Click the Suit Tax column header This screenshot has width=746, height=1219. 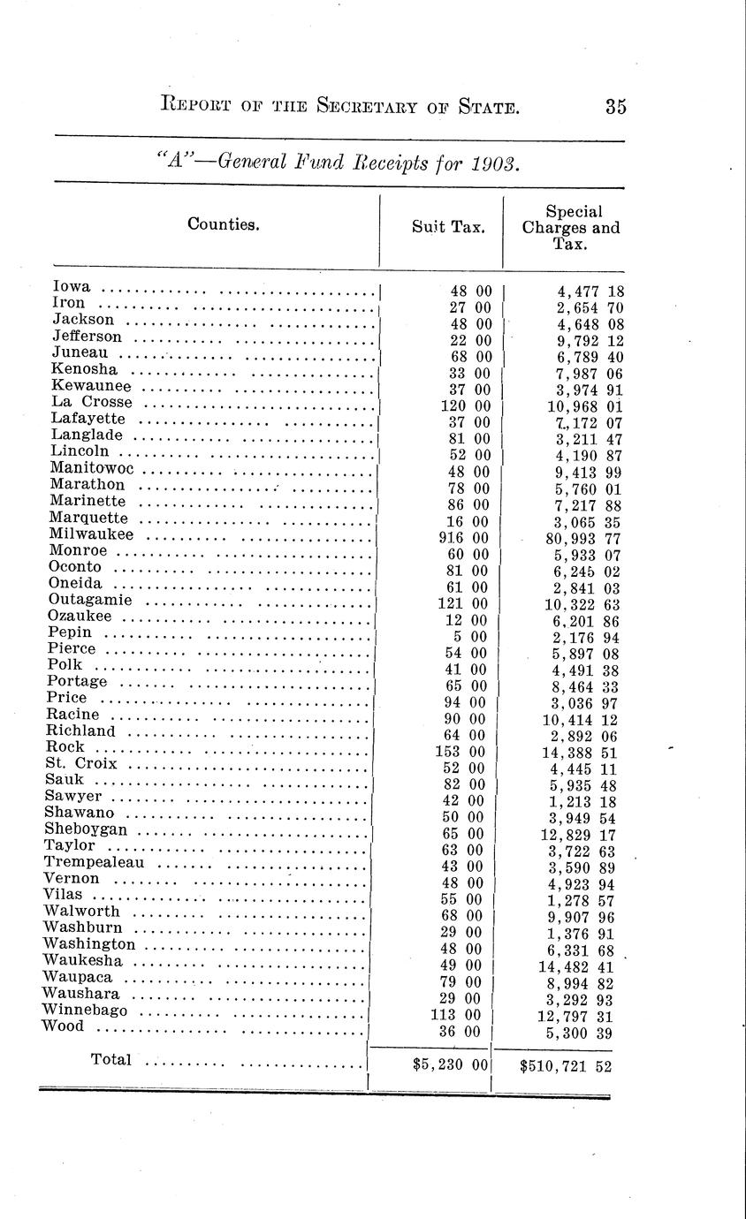[x=448, y=226]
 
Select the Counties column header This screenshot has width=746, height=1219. [x=224, y=224]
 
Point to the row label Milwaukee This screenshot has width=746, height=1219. [x=92, y=534]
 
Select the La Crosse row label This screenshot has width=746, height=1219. [x=91, y=403]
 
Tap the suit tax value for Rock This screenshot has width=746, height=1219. [x=459, y=753]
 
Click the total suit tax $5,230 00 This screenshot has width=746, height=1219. [x=448, y=1065]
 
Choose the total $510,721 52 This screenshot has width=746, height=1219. [x=567, y=1066]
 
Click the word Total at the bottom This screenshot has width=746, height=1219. [x=110, y=1059]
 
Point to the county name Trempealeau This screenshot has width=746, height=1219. [x=94, y=862]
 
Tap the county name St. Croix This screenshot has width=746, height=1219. [x=80, y=763]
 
